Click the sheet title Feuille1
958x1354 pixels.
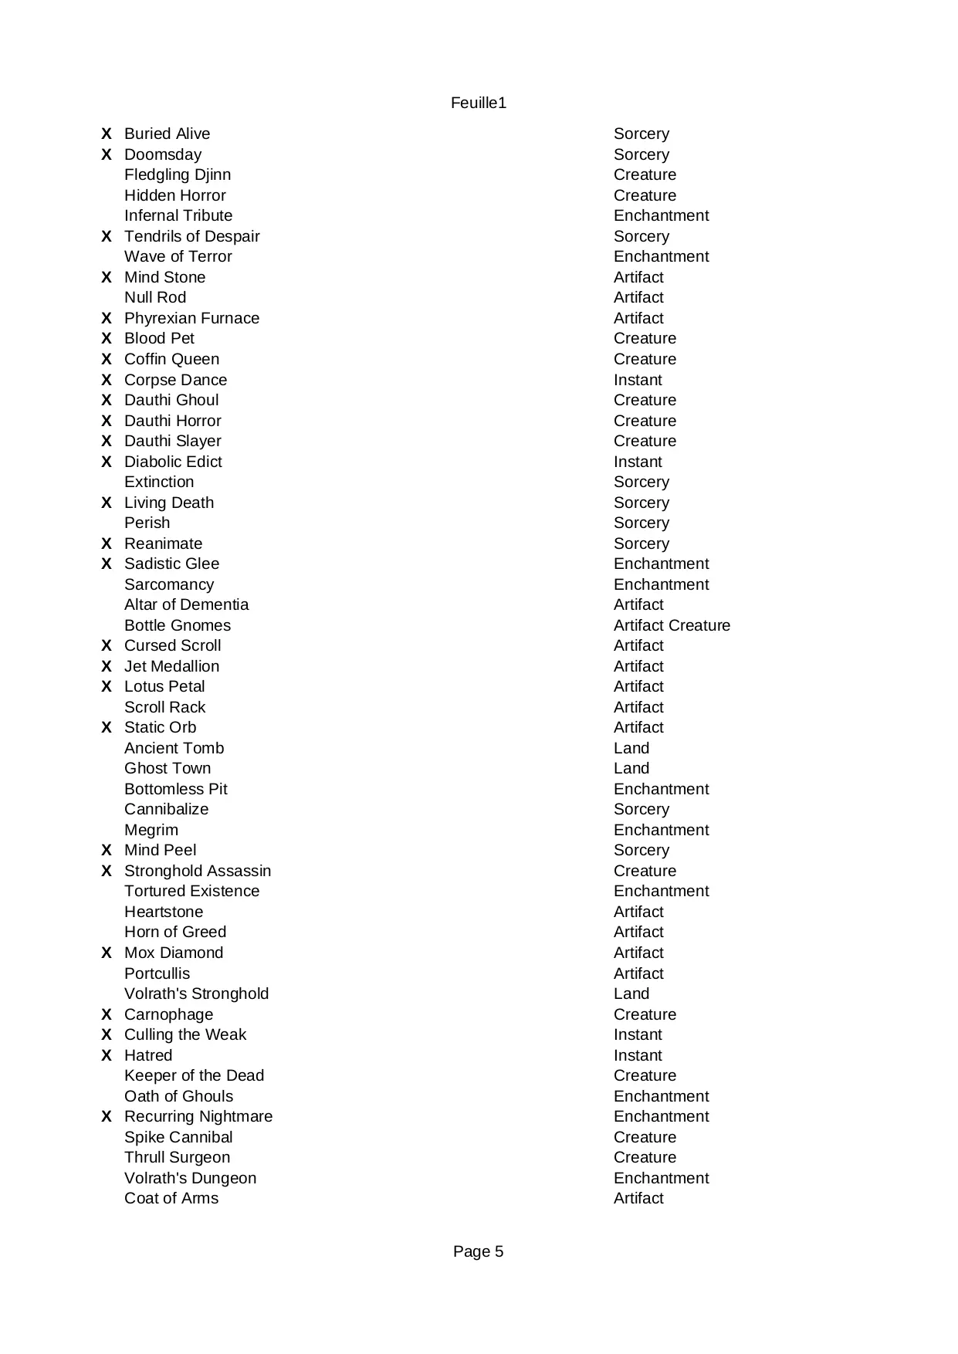coord(479,103)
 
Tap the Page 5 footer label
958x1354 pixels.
coord(478,1251)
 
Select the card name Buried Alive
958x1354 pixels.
coord(167,134)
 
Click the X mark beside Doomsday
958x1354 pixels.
coord(107,154)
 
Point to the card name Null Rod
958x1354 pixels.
coord(155,298)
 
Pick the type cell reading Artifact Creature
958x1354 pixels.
coord(672,625)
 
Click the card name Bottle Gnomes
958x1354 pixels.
coord(178,625)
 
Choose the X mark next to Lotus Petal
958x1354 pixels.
coord(107,686)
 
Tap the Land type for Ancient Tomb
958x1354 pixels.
coord(631,748)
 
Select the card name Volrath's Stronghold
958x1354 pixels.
coord(196,993)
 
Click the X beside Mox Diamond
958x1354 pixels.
coord(107,953)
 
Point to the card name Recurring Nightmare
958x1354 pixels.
coord(198,1116)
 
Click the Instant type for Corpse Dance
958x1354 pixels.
coord(638,380)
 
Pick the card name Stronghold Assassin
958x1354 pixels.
coord(198,871)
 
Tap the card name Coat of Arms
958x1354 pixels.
coord(171,1198)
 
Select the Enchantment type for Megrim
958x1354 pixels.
coord(661,830)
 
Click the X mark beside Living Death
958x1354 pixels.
coord(107,503)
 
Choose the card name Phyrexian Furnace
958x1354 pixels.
coord(191,318)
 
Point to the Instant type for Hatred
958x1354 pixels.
coord(638,1055)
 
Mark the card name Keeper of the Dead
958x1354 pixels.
coord(194,1075)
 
